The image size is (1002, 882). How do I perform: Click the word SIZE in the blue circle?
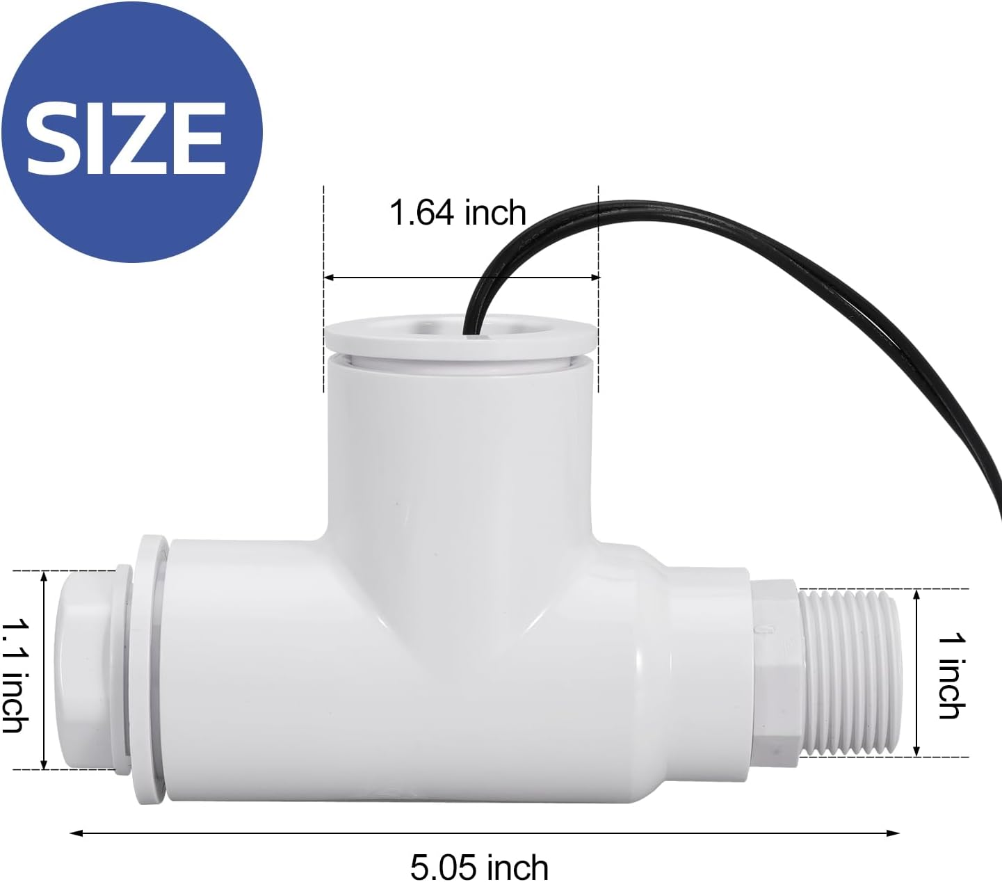pyautogui.click(x=126, y=138)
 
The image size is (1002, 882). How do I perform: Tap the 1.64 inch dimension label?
pyautogui.click(x=458, y=212)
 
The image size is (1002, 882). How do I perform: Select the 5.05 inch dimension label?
pyautogui.click(x=479, y=867)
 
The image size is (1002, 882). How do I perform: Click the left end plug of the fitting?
pyautogui.click(x=87, y=671)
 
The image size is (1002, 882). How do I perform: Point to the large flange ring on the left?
pyautogui.click(x=149, y=671)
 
